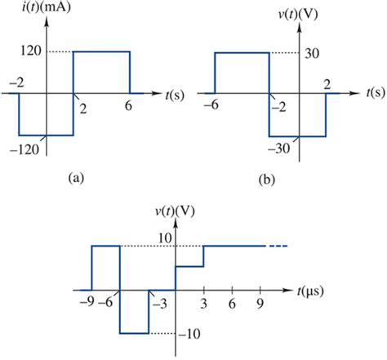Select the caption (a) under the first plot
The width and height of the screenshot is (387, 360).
tap(76, 174)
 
